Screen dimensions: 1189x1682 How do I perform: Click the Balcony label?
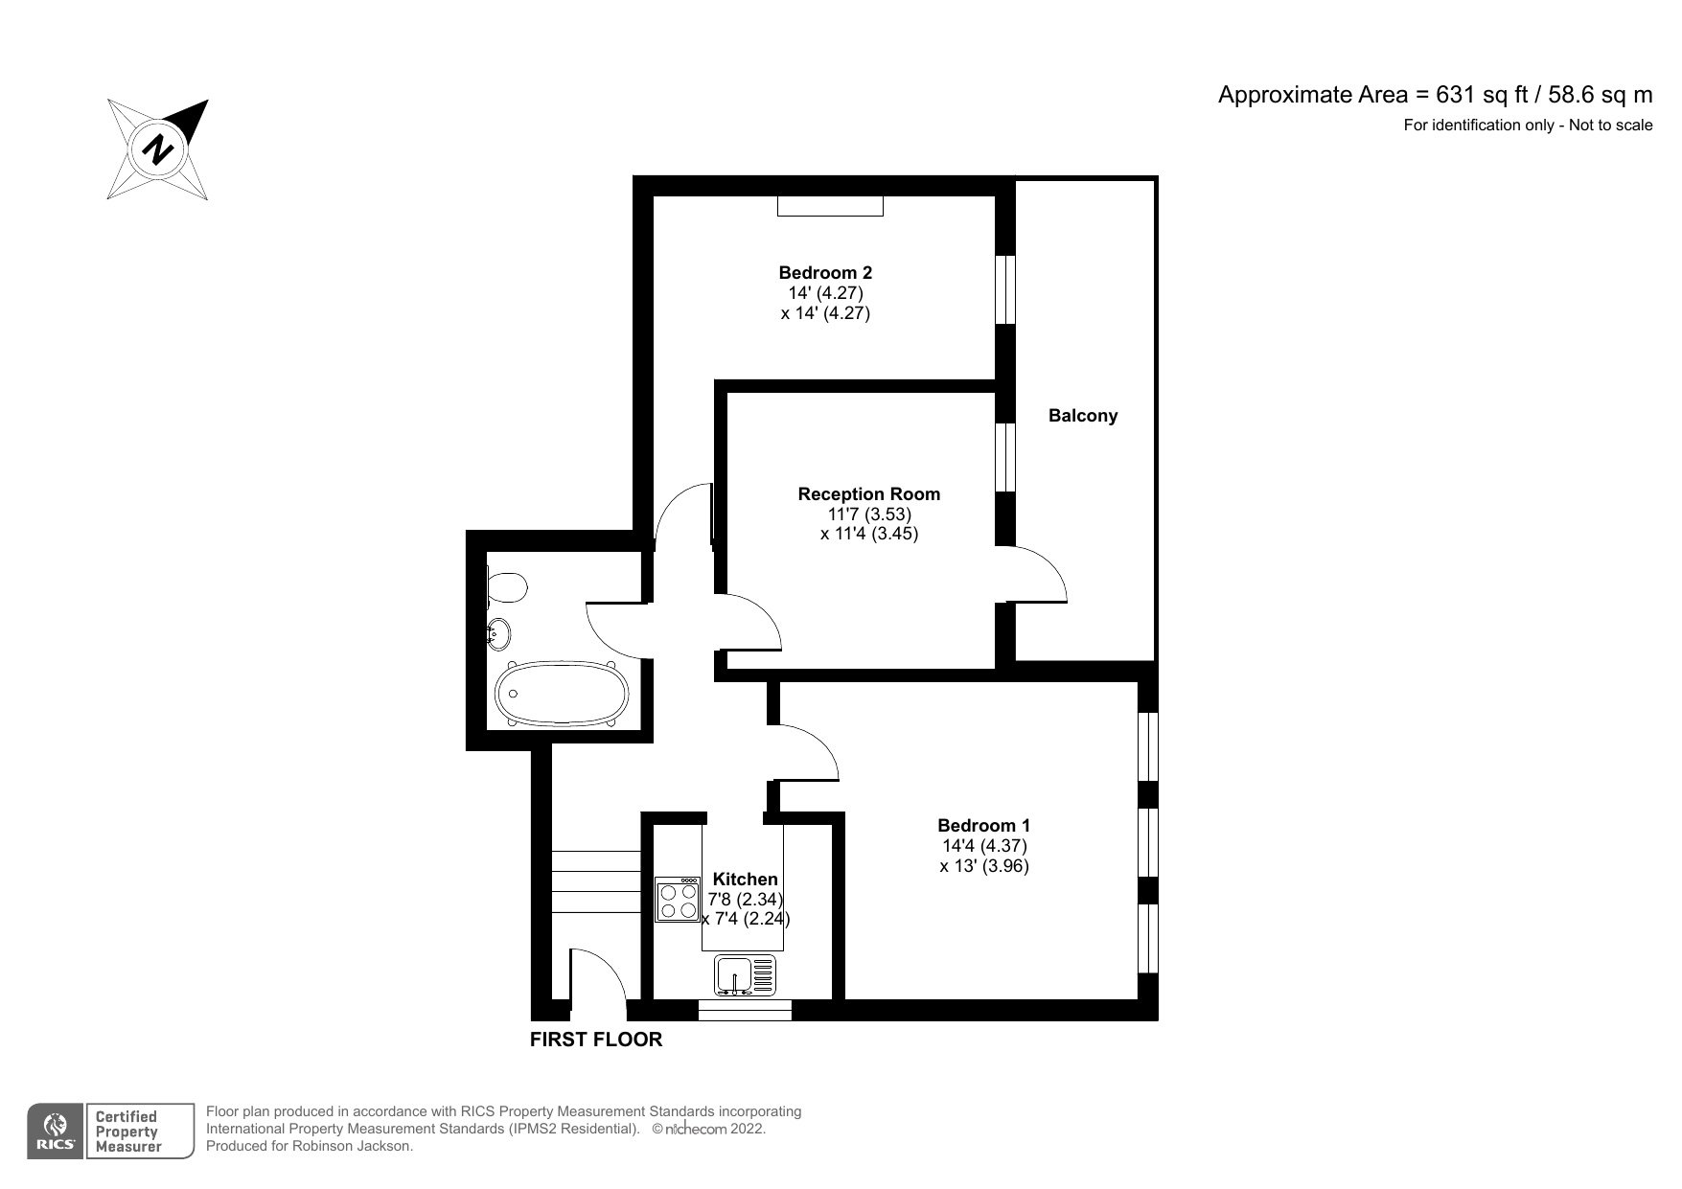coord(1082,416)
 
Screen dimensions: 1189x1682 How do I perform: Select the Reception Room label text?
coord(868,494)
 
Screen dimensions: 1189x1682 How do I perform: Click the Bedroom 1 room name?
coord(983,826)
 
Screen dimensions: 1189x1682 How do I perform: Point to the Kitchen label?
coord(746,880)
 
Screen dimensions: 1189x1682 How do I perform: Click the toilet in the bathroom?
coord(506,586)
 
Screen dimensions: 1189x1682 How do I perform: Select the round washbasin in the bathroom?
coord(499,633)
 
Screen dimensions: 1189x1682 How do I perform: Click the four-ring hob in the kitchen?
coord(678,901)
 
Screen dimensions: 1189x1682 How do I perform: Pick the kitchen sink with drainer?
coord(745,975)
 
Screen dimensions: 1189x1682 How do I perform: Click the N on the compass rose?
coord(159,149)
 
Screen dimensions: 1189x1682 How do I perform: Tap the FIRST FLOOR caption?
coord(595,1040)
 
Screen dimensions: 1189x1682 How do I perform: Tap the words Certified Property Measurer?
coord(126,1132)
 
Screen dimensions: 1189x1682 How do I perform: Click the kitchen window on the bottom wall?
coord(745,1010)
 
